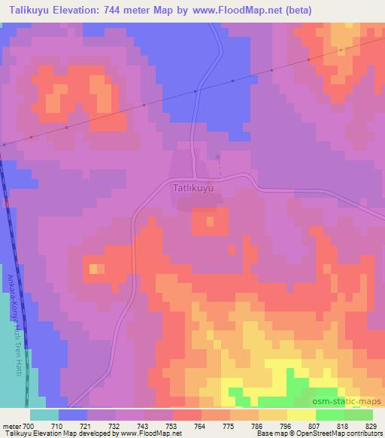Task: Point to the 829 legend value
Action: pos(371,425)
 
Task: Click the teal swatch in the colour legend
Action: pos(44,415)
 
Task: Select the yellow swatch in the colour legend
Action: pos(301,415)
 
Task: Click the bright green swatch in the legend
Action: pos(329,415)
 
